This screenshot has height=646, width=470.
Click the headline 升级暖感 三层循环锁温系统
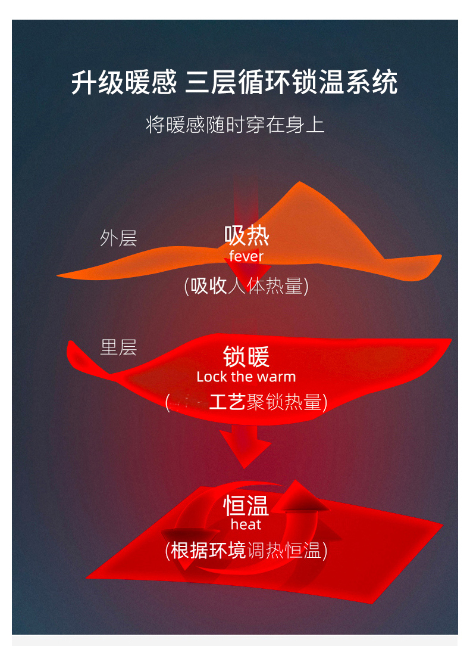[x=234, y=82]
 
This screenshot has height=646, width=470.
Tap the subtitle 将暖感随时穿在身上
[x=235, y=125]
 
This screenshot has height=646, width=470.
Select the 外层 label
[x=118, y=238]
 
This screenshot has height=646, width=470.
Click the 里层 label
[x=118, y=347]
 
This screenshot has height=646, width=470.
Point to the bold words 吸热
[x=246, y=236]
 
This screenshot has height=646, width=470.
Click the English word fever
[x=246, y=256]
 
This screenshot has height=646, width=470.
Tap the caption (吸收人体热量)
[x=246, y=286]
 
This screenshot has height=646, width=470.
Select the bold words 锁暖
[x=246, y=356]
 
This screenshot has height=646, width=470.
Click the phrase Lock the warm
[x=246, y=377]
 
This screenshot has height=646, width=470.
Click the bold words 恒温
[x=246, y=505]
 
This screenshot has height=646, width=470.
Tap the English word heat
[x=246, y=525]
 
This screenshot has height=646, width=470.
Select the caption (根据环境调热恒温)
[x=246, y=550]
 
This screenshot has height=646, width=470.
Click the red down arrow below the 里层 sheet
[x=245, y=447]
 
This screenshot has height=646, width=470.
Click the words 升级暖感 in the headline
[x=124, y=82]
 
